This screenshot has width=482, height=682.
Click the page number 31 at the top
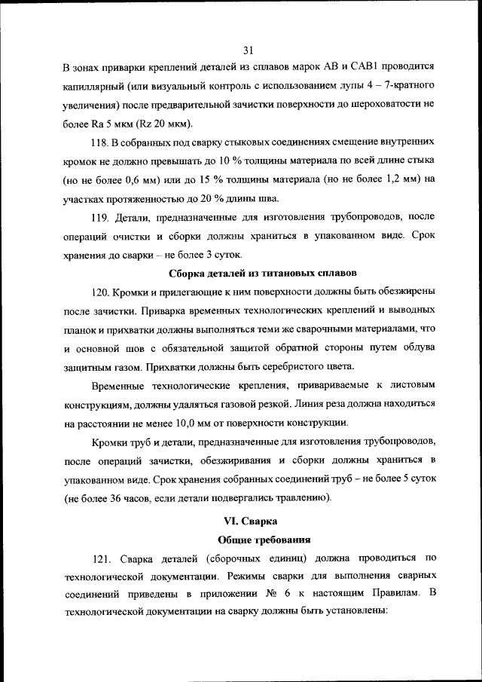click(x=249, y=50)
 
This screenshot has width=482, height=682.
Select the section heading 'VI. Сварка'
click(x=251, y=521)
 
